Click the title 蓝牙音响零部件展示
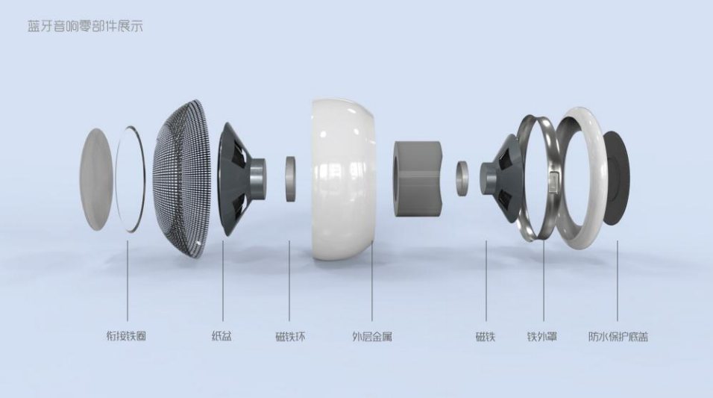[86, 26]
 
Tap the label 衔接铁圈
[126, 337]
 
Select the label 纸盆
[222, 337]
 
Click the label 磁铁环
[290, 337]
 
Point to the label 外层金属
[372, 337]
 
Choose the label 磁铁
[486, 337]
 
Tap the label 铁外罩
[542, 337]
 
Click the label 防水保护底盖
[618, 337]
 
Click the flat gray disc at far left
[95, 179]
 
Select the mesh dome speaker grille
[182, 178]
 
